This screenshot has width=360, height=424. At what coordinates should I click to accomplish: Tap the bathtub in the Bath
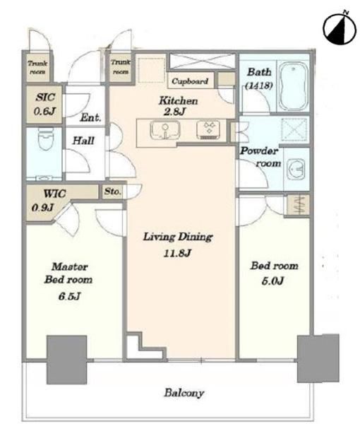(294, 86)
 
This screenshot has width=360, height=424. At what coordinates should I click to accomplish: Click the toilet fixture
(46, 139)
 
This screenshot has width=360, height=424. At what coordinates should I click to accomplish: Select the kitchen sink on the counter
(164, 130)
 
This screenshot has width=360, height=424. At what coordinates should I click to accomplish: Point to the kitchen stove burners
(209, 130)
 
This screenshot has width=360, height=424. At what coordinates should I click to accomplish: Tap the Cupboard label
(190, 81)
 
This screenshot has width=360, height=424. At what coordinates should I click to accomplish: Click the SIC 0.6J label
(44, 104)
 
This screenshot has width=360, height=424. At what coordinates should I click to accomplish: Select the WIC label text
(54, 194)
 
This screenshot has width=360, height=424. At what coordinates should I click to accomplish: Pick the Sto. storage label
(112, 192)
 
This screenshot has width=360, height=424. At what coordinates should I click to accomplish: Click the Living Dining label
(178, 237)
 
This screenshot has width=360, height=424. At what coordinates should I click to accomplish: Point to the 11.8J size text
(177, 253)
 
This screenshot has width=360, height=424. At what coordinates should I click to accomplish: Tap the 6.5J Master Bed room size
(69, 296)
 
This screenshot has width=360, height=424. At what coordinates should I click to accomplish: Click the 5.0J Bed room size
(272, 281)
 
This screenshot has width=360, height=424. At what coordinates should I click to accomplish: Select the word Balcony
(184, 392)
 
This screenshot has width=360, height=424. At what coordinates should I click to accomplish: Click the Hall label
(83, 141)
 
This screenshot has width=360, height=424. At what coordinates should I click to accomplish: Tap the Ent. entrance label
(90, 118)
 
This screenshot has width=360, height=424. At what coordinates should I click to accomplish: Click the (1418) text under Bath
(259, 86)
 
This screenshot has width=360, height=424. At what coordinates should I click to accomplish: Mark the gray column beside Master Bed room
(67, 360)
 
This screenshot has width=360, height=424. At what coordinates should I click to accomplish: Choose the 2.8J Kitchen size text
(174, 112)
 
